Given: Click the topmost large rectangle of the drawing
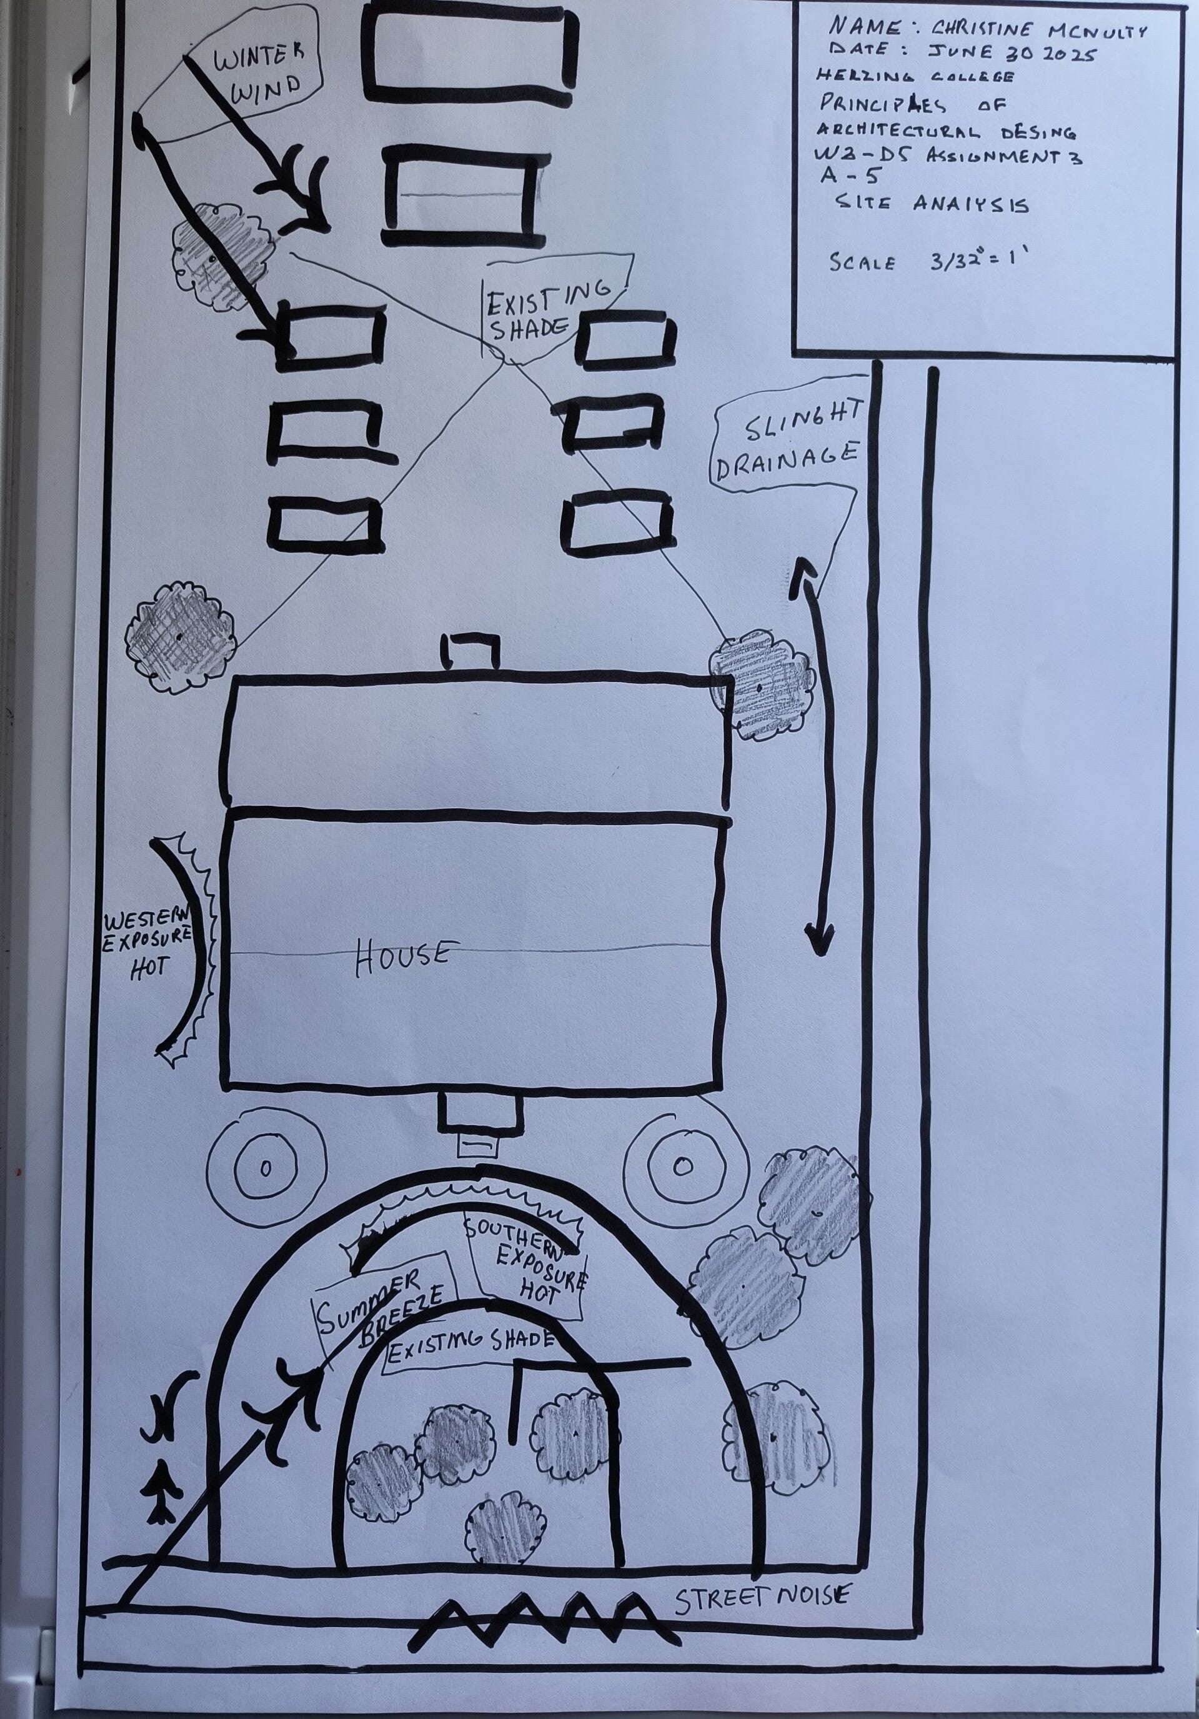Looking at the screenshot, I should pos(469,54).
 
